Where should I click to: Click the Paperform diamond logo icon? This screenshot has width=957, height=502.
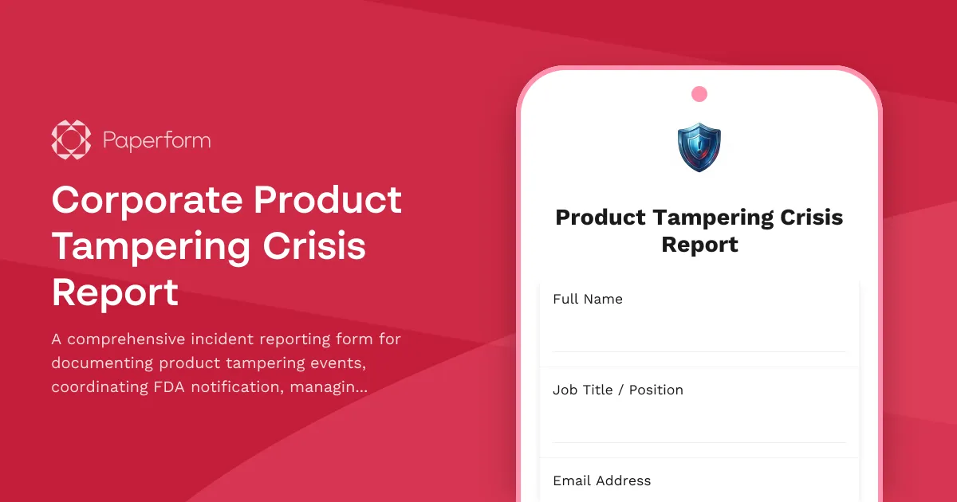point(71,141)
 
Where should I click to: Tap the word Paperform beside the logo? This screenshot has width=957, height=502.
point(156,142)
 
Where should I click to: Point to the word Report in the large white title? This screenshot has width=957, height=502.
point(115,292)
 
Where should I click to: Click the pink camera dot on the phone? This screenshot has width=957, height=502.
point(699,94)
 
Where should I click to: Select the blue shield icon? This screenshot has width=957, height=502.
point(699,147)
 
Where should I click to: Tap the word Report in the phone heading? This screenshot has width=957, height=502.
point(699,245)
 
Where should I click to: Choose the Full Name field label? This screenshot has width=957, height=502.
point(588,299)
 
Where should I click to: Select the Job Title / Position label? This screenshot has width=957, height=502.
point(618,390)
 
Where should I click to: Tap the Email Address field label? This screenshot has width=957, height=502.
point(602,480)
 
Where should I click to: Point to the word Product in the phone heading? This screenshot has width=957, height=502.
point(601,218)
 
